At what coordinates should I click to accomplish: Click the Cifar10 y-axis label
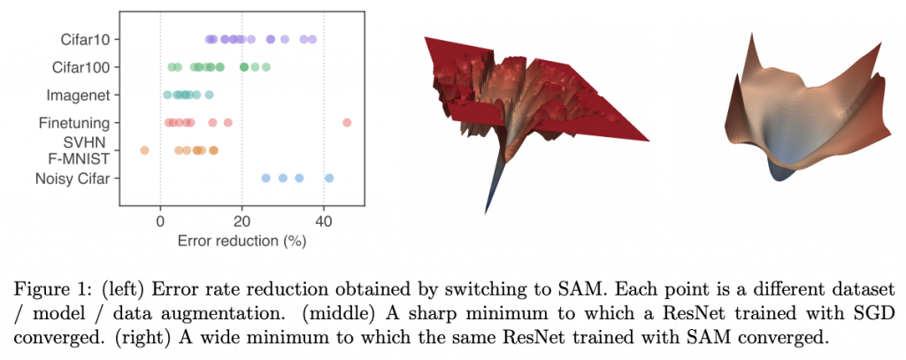point(85,39)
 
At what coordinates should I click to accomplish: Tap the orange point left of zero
point(144,150)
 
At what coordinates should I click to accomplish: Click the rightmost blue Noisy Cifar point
point(329,178)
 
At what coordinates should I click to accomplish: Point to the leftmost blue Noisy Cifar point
point(265,178)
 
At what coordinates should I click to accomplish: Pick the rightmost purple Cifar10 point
point(312,39)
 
